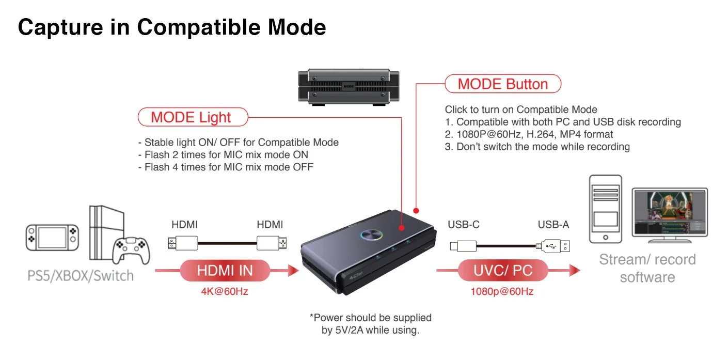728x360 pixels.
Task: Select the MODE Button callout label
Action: tap(502, 84)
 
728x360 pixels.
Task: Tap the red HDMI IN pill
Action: tap(225, 270)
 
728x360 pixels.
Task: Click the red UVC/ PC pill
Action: tap(502, 270)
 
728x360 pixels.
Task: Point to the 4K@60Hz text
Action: tap(225, 291)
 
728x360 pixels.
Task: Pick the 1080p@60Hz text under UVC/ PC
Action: tap(502, 291)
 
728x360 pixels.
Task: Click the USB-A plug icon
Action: tap(554, 246)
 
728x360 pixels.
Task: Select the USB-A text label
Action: tap(553, 225)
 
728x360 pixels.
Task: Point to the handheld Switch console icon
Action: tap(53, 237)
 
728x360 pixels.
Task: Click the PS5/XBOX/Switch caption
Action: tap(80, 275)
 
